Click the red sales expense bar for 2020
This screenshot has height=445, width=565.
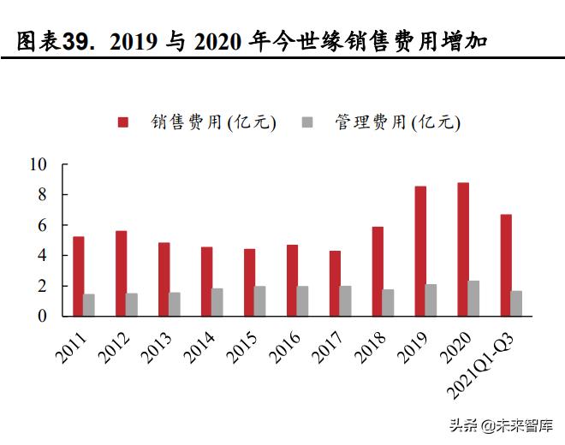[x=463, y=249]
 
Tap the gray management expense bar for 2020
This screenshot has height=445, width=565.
[x=474, y=299]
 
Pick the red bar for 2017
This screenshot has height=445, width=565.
[x=335, y=283]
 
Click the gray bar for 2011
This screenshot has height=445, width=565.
[x=89, y=306]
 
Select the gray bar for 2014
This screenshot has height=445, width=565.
[x=217, y=302]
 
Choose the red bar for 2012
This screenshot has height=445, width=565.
[x=121, y=273]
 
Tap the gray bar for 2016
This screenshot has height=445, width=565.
[x=303, y=301]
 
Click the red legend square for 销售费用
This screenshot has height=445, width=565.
[x=124, y=122]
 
